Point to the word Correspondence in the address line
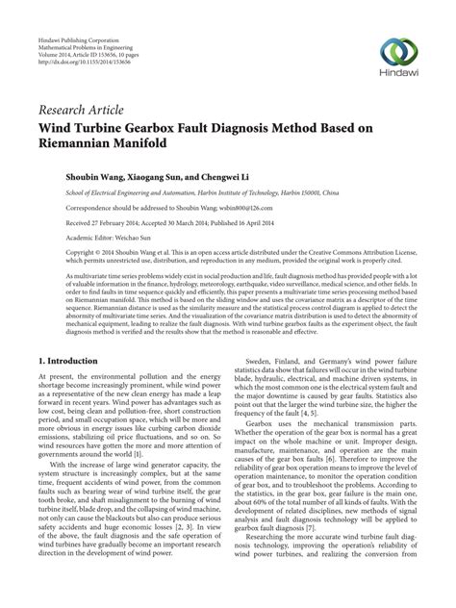[x=66, y=206]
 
